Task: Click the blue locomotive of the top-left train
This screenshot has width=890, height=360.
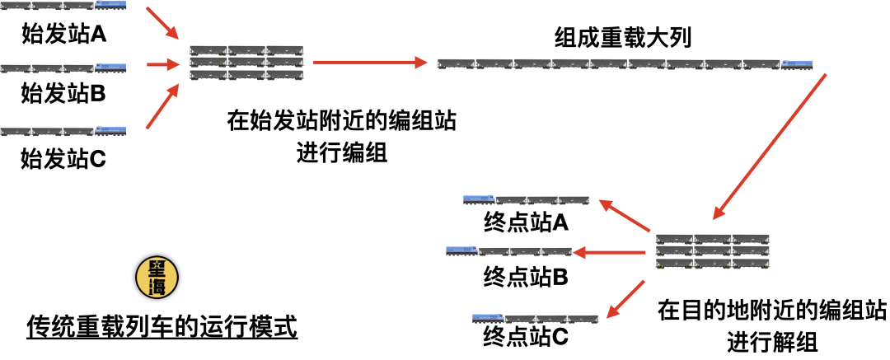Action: click(x=111, y=5)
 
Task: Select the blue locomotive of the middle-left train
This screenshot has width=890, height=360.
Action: click(x=111, y=67)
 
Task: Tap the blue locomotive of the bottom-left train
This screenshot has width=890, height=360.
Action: click(x=111, y=130)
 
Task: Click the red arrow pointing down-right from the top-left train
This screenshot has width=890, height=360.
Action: click(x=162, y=22)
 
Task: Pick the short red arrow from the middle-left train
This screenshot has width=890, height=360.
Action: click(x=163, y=64)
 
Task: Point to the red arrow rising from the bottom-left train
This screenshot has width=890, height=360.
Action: click(x=163, y=106)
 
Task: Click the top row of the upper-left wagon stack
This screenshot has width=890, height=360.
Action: click(x=246, y=50)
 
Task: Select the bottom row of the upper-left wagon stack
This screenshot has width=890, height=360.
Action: click(x=246, y=75)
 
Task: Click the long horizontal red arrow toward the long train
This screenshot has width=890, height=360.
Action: click(x=370, y=63)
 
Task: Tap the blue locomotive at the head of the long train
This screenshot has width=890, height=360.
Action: click(x=797, y=64)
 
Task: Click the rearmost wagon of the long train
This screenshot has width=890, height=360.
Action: click(x=456, y=63)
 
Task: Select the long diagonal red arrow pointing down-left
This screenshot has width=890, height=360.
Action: click(x=769, y=147)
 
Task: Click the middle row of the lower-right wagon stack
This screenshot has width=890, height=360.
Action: click(x=712, y=251)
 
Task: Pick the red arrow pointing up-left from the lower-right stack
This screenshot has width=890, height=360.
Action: click(x=625, y=215)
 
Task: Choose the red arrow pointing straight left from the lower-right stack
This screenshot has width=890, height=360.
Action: click(x=609, y=252)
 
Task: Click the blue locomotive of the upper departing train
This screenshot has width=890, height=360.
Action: click(x=479, y=199)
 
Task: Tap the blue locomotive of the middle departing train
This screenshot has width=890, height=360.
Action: click(x=461, y=250)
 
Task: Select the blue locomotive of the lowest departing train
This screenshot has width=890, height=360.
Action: click(x=488, y=317)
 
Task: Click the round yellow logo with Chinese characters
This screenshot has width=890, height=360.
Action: click(x=157, y=277)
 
